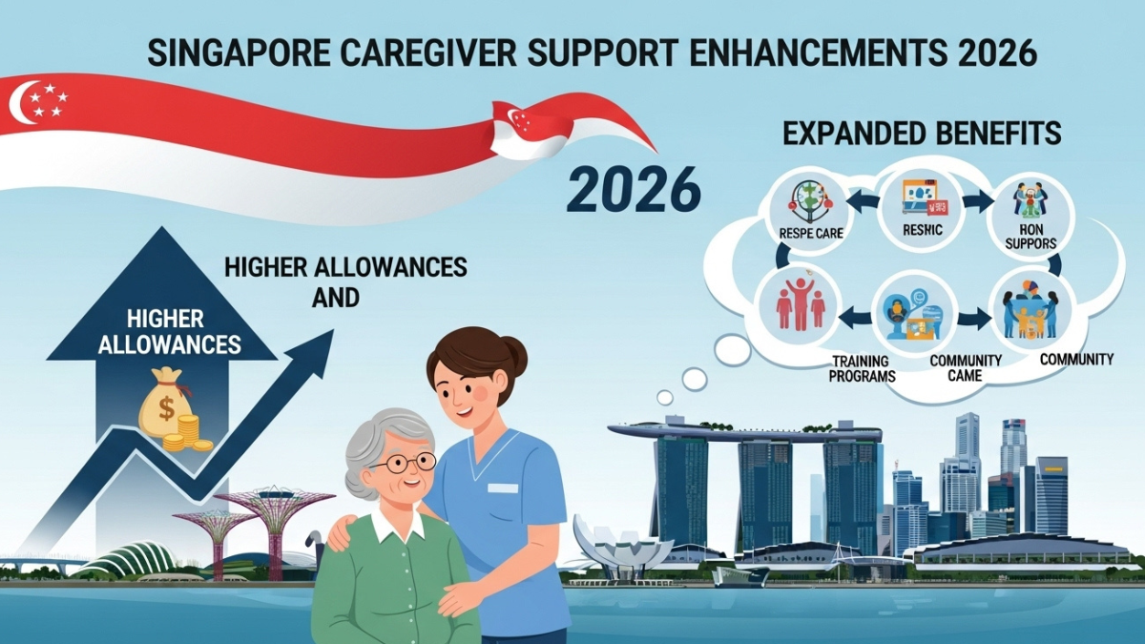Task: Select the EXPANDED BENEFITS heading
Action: [921, 134]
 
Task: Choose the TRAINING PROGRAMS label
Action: [863, 368]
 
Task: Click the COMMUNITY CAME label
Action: [966, 368]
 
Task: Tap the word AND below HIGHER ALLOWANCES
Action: [335, 298]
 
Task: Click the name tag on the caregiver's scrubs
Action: [503, 488]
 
